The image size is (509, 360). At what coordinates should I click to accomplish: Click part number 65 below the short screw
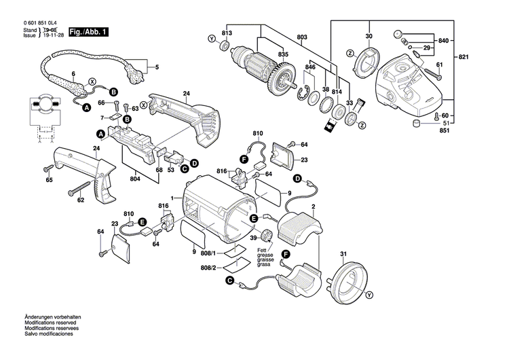tap(49, 180)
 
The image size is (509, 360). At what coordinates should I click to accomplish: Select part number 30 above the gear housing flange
tap(369, 35)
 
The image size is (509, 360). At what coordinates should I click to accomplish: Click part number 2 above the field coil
tap(312, 206)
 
